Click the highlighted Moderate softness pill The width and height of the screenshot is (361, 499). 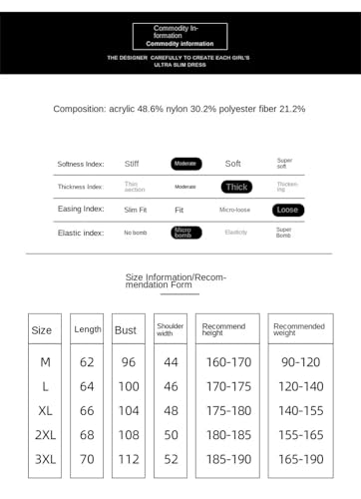coord(185,163)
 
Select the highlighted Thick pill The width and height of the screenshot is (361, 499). coord(236,187)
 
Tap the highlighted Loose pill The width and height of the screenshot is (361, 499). coord(288,210)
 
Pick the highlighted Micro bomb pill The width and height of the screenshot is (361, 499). coord(185,233)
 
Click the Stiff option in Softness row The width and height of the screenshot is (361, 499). coord(132,163)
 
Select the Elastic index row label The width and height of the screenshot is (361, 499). coord(80,233)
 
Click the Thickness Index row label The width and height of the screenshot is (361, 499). coord(80,187)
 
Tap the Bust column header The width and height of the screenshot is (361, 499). coord(126,329)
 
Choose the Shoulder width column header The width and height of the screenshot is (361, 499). coord(171,329)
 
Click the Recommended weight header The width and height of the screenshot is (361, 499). coord(298,329)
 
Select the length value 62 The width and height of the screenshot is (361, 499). coord(87,361)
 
